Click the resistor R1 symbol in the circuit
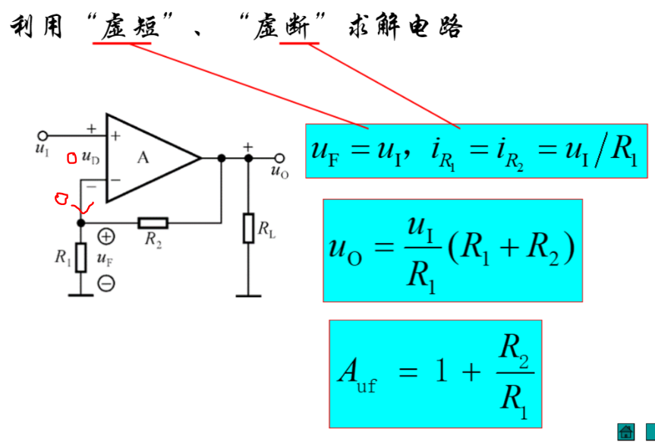click(81, 257)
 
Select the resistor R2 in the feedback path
click(153, 223)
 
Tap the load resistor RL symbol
click(248, 228)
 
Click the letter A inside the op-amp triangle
click(143, 157)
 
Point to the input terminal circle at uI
click(43, 134)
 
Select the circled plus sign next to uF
click(106, 237)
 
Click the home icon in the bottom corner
click(626, 431)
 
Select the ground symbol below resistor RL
click(248, 294)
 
